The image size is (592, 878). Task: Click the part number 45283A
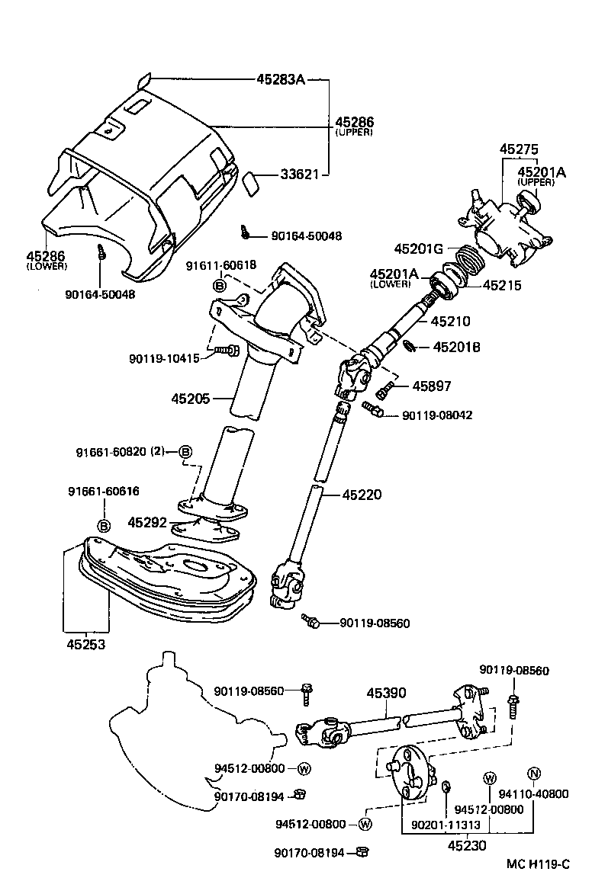(279, 79)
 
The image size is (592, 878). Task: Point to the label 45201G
(419, 248)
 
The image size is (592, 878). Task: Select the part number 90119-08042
(438, 415)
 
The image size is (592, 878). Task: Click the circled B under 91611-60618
(219, 285)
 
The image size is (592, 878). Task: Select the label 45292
(146, 523)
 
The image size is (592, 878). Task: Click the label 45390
(386, 693)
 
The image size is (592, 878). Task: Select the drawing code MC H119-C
(538, 864)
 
